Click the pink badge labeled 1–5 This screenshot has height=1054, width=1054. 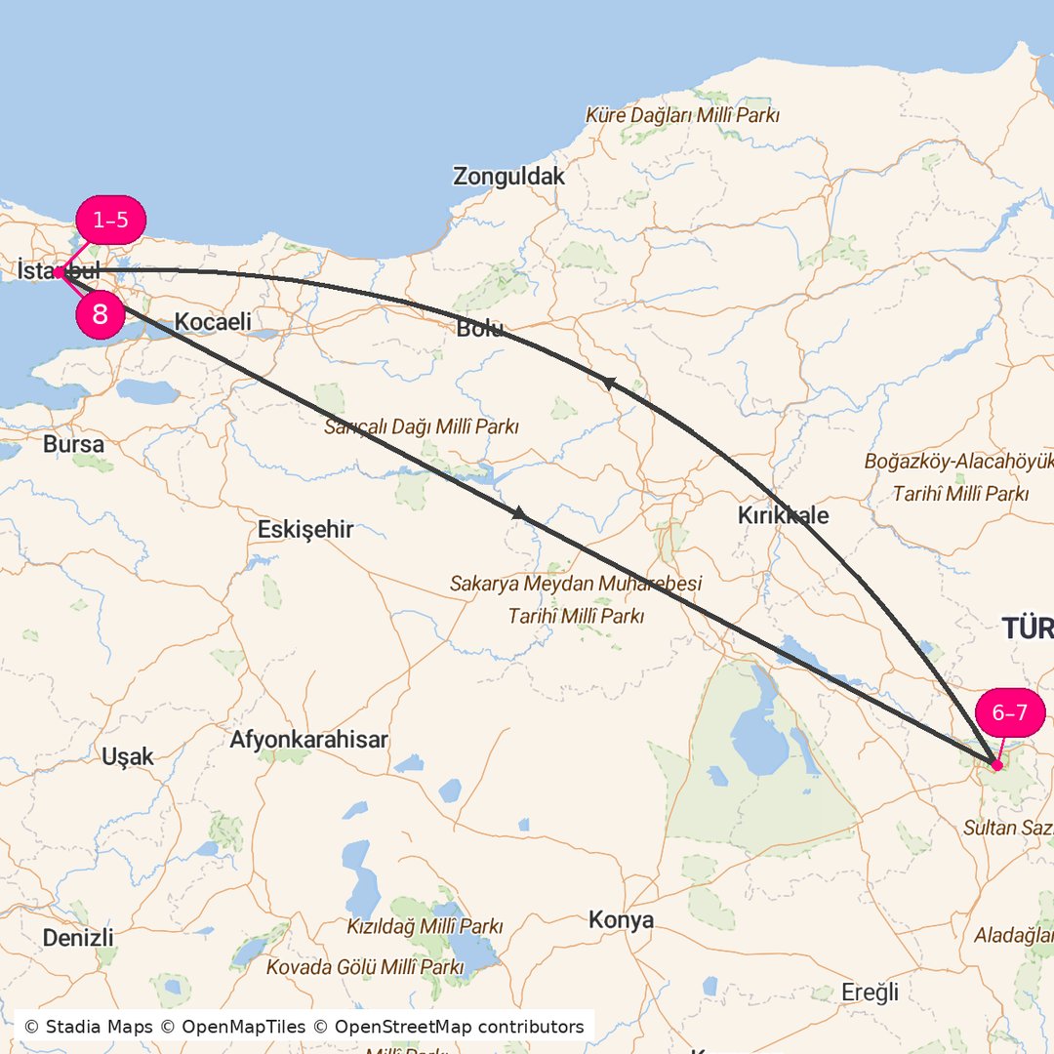click(110, 220)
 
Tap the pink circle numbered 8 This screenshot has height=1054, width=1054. click(100, 315)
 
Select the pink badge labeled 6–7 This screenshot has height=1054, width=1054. click(1009, 712)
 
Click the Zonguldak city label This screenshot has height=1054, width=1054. click(508, 177)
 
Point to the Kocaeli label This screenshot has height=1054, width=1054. click(213, 321)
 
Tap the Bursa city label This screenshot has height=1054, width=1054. click(73, 444)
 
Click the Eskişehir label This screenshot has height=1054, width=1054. click(305, 530)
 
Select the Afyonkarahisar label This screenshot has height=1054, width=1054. click(308, 740)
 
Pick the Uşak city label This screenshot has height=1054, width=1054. click(128, 756)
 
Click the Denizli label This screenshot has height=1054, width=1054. click(78, 938)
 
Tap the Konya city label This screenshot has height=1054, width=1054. click(621, 920)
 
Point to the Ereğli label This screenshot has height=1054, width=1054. click(869, 993)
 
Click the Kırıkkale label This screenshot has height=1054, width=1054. click(783, 515)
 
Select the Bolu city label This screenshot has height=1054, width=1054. click(479, 329)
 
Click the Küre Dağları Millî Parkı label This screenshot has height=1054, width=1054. click(682, 115)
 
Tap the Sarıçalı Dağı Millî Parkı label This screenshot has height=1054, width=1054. click(422, 426)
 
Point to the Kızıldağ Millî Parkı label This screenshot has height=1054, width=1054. click(425, 925)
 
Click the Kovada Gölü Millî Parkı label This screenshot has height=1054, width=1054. click(365, 966)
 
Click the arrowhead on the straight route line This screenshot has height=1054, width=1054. click(519, 512)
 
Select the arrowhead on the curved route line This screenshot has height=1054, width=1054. click(607, 383)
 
